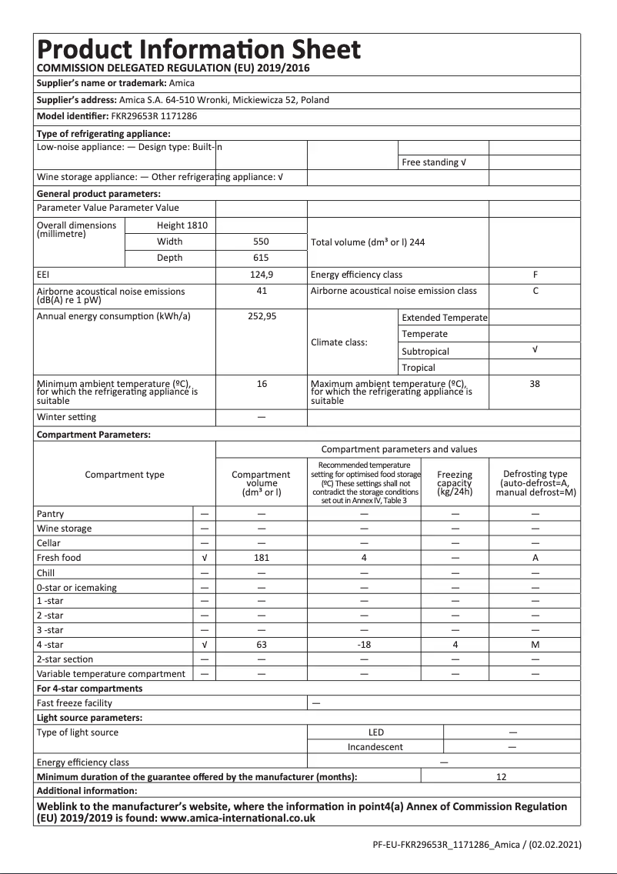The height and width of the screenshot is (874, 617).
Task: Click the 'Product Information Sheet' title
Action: click(x=198, y=49)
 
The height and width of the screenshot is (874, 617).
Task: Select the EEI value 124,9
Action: click(x=262, y=275)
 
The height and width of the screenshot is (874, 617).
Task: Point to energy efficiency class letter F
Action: click(x=535, y=275)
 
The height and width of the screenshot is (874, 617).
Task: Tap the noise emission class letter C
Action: click(x=535, y=291)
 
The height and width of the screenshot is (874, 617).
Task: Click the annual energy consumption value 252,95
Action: click(x=262, y=316)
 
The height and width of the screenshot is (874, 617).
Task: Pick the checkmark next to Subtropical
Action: click(x=535, y=349)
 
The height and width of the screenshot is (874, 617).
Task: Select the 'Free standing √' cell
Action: click(x=434, y=162)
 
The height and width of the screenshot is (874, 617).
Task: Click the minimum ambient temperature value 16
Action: click(x=262, y=384)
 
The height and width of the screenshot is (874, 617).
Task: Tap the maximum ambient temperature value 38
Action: click(x=535, y=384)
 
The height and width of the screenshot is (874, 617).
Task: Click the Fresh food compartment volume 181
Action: click(x=262, y=558)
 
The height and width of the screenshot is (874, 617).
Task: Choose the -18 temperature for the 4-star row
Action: click(x=364, y=645)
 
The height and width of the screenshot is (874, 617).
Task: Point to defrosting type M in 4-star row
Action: click(x=535, y=645)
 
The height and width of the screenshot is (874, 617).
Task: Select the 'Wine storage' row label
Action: click(x=64, y=529)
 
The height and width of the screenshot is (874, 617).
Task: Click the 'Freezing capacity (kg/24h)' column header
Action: click(x=454, y=483)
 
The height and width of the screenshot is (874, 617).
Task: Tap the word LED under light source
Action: click(x=376, y=732)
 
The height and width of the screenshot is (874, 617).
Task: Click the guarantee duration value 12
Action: click(x=501, y=777)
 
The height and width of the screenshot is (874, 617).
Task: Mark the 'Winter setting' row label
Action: click(x=66, y=417)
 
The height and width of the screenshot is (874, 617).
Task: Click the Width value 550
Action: click(x=262, y=242)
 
